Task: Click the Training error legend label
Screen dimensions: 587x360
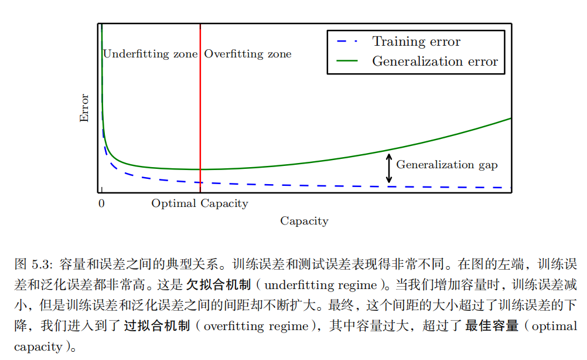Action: tap(417, 42)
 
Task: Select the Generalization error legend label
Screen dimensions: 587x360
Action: tap(435, 62)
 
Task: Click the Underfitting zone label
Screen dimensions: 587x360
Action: tap(151, 54)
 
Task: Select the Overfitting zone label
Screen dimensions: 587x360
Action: tap(247, 54)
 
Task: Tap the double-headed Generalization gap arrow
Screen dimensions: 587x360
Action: tap(388, 168)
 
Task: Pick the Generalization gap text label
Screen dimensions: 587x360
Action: tap(447, 165)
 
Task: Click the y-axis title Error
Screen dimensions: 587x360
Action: tap(84, 108)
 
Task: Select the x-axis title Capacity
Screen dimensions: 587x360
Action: tap(304, 221)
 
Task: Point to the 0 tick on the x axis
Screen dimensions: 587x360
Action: tap(101, 204)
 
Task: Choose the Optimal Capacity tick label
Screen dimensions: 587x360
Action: tap(200, 204)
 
